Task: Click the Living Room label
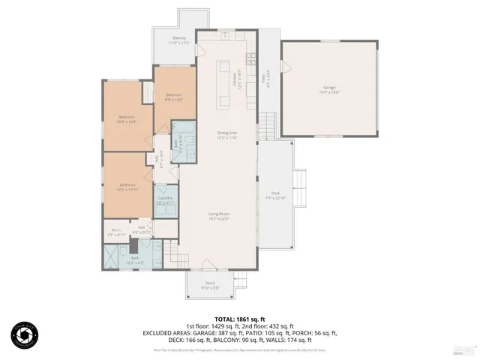tap(218, 216)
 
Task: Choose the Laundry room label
tap(165, 200)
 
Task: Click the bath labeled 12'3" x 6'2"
tap(135, 260)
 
